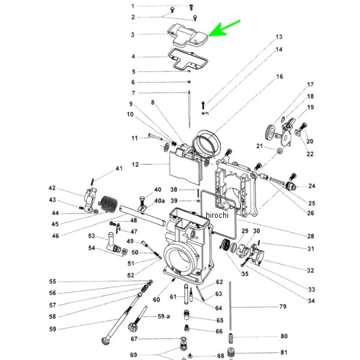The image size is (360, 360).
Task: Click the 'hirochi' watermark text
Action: coord(217,215)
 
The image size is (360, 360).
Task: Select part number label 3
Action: coord(133,35)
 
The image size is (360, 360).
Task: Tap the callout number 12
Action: coord(135,164)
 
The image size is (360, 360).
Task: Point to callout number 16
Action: coord(279,77)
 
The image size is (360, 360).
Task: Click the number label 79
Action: coord(283,307)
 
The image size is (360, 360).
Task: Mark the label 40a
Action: coord(159,200)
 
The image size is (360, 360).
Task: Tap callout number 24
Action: coord(311,186)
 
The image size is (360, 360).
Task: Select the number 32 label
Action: coord(310,271)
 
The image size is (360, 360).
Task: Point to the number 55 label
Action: coord(52,282)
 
